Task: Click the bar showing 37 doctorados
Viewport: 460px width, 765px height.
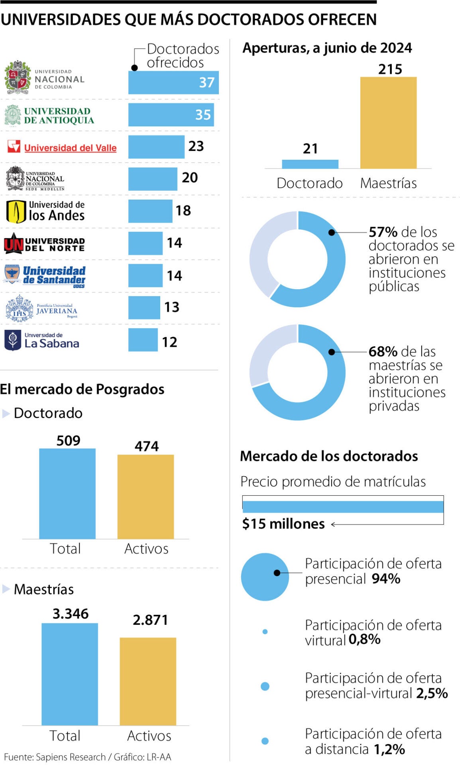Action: point(173,82)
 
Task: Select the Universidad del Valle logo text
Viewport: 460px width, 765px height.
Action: point(70,148)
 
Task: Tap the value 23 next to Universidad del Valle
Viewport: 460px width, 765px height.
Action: point(196,146)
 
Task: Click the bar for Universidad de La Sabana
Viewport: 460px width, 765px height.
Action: point(143,340)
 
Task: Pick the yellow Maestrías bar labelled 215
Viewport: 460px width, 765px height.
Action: point(388,122)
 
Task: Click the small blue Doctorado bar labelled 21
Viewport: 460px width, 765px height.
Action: point(310,164)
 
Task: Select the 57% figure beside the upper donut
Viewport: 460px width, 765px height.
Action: point(383,232)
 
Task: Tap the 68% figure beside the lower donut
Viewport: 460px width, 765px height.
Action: point(383,351)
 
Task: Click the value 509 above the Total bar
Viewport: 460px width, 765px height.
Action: point(68,440)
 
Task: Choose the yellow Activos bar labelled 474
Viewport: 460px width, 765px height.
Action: point(145,496)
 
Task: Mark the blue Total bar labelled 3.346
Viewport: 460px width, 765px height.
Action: point(70,674)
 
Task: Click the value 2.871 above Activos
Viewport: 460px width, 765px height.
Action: point(150,620)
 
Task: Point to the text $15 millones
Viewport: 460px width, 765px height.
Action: point(283,524)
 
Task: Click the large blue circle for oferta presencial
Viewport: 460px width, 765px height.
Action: point(265,577)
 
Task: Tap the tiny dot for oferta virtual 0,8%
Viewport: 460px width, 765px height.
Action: point(265,632)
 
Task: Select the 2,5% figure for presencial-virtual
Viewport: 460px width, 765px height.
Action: point(432,693)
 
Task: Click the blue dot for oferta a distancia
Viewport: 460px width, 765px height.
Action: point(265,741)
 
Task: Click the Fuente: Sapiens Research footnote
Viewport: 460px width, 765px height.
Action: point(87,757)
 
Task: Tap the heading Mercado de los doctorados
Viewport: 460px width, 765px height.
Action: point(329,456)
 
